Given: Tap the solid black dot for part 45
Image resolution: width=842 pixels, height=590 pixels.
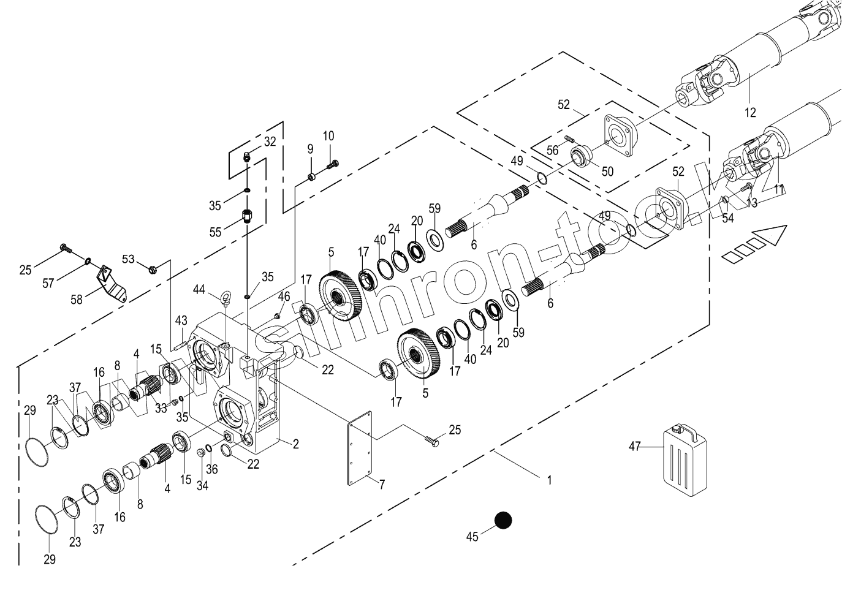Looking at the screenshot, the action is pyautogui.click(x=503, y=521).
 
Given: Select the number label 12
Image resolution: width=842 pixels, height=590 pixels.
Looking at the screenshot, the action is pyautogui.click(x=750, y=112).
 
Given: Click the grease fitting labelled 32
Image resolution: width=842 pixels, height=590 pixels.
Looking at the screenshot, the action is pyautogui.click(x=246, y=156).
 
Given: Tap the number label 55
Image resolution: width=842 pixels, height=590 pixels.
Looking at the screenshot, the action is pyautogui.click(x=215, y=232).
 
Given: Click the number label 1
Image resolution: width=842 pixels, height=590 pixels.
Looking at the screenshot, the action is pyautogui.click(x=549, y=480).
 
